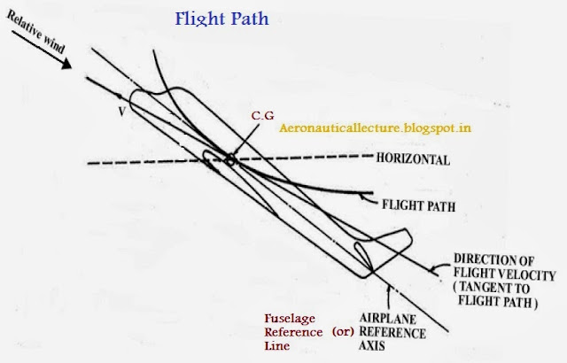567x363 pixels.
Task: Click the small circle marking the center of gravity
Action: [x=230, y=160]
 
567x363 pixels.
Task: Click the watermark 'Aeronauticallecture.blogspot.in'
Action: [x=375, y=127]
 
